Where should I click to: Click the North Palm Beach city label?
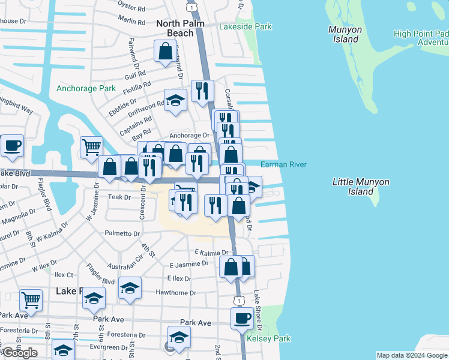(179, 28)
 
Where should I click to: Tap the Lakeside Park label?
(246, 26)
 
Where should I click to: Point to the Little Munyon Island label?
(361, 187)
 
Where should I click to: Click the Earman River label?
(284, 165)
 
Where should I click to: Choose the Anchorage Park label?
(86, 88)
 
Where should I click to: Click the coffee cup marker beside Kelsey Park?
(242, 319)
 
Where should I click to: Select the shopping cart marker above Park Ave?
(31, 299)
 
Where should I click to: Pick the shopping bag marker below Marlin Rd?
(164, 52)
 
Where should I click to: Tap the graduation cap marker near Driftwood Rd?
(175, 101)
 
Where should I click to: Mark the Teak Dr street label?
(119, 197)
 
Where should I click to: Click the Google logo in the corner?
(20, 353)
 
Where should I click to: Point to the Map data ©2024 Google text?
(411, 356)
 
